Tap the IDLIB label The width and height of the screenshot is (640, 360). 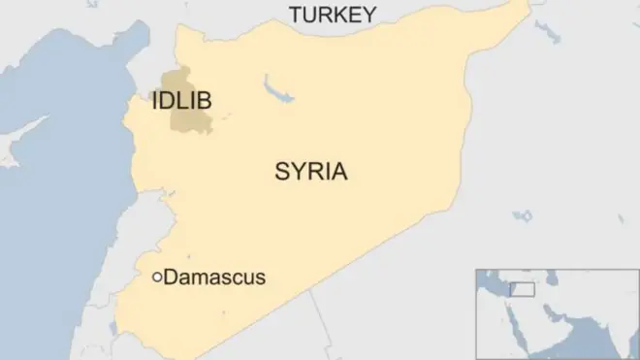182,101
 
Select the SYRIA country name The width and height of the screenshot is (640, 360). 311,173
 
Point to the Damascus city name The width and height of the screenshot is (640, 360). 214,278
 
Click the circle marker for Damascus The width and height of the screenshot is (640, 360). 157,278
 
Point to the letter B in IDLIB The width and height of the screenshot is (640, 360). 206,101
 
